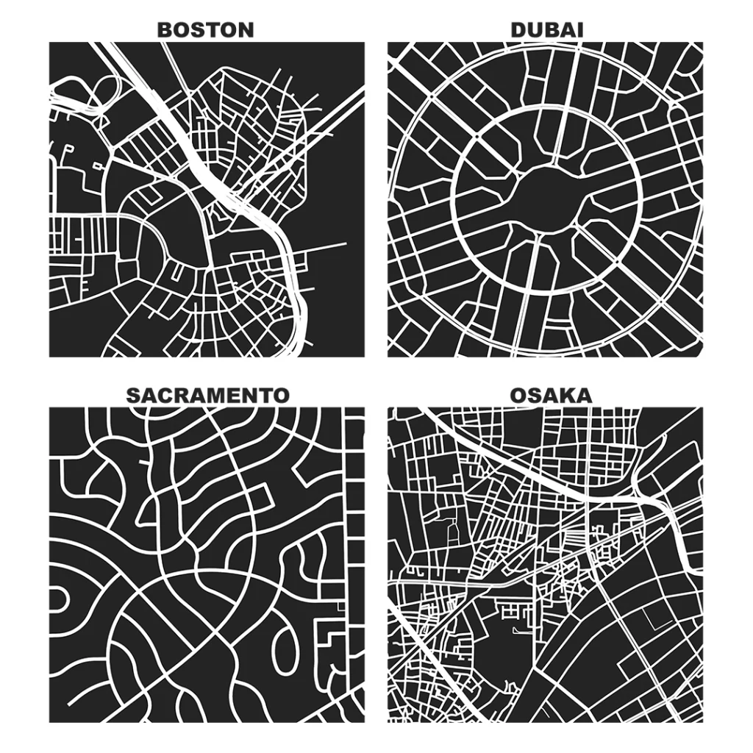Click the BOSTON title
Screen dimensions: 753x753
click(206, 29)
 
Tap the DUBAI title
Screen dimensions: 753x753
click(546, 29)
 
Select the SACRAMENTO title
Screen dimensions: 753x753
click(207, 395)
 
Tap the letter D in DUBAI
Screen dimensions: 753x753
click(518, 29)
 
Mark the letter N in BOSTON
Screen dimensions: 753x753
click(246, 29)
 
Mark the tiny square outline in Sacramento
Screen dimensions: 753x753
click(339, 607)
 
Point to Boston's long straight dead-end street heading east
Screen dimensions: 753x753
click(324, 246)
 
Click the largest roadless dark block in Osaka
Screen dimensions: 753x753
click(500, 647)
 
